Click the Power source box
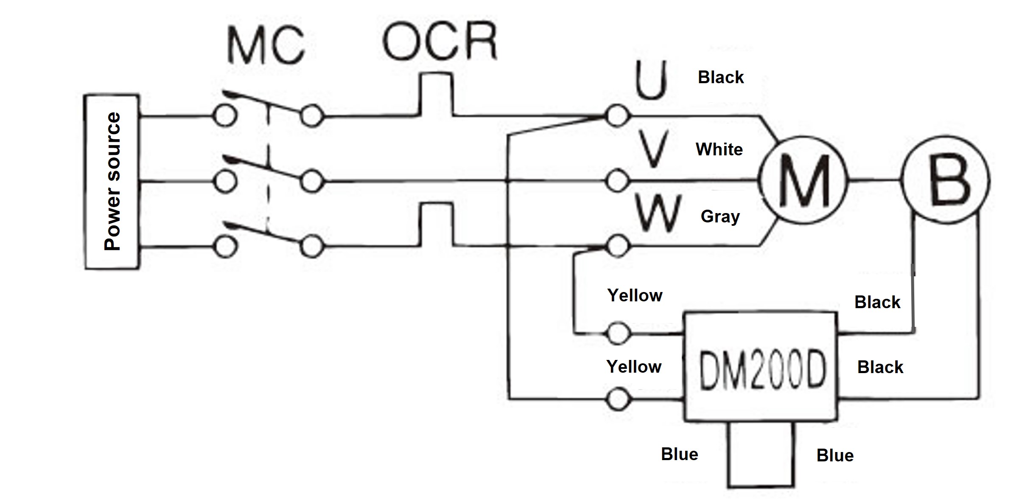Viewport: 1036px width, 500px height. (112, 182)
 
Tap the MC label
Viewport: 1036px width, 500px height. (266, 45)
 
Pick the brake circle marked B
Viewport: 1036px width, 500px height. (946, 180)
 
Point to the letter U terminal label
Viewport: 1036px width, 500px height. (651, 81)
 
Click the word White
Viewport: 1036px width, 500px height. (719, 149)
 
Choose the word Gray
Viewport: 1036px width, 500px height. (720, 216)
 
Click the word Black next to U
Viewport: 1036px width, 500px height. (721, 77)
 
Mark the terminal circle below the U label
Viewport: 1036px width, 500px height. (617, 115)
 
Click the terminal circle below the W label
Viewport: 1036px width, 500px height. (617, 246)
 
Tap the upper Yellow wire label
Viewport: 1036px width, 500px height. (635, 295)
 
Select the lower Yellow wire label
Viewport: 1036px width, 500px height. (634, 367)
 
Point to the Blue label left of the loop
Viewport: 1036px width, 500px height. (679, 455)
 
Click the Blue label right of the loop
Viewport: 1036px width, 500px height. (835, 456)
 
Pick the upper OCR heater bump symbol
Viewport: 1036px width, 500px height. (436, 94)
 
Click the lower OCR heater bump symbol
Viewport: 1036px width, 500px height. (436, 224)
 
